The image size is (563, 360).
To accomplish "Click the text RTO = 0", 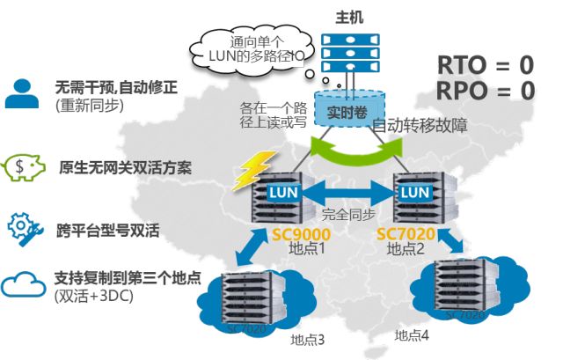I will [x=486, y=65].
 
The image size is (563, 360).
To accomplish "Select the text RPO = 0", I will [x=486, y=90].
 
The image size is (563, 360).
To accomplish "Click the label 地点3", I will [x=307, y=339].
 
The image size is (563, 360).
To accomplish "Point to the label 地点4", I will [x=412, y=334].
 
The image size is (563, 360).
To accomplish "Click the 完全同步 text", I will [x=347, y=215].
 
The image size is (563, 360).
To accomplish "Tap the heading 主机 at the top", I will [x=349, y=17].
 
